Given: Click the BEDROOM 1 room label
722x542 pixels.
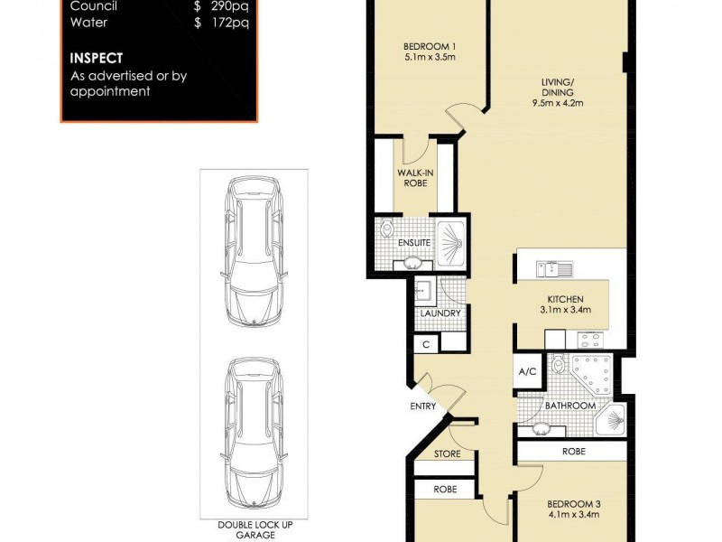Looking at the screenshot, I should (429, 48).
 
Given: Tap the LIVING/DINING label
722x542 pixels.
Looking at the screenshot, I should (551, 85).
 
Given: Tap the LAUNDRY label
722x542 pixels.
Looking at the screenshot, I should (440, 313).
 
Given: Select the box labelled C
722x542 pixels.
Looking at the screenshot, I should (425, 344).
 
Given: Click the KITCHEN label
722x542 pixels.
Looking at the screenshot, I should (565, 299).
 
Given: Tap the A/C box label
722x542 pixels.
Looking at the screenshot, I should (527, 371).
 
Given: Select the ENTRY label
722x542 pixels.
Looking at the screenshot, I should (422, 406).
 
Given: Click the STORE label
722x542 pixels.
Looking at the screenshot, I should (447, 453).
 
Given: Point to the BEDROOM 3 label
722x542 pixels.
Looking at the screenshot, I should (573, 504).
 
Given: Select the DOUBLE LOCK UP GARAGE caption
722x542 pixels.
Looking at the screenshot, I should (254, 529).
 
